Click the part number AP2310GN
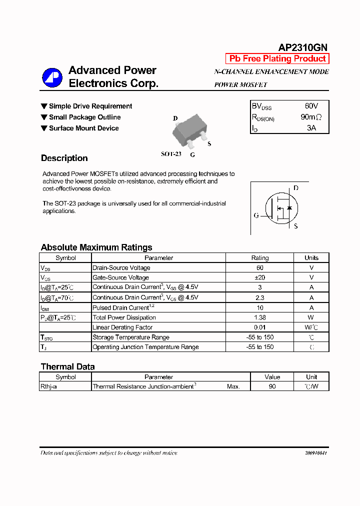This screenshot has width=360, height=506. [x=302, y=47]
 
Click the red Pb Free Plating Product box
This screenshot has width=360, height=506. [x=277, y=58]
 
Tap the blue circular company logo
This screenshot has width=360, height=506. [x=51, y=77]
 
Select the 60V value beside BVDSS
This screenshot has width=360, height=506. [x=311, y=106]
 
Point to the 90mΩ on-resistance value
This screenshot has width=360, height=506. [x=311, y=117]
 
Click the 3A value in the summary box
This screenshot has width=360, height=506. [x=311, y=128]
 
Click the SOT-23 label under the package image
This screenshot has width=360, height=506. [x=171, y=154]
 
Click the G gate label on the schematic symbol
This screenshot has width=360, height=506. [x=256, y=215]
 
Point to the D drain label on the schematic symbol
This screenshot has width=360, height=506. [x=295, y=188]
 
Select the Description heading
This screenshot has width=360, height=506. [x=64, y=158]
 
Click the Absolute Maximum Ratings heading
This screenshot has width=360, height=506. [x=96, y=247]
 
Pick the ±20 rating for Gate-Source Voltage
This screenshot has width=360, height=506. [x=260, y=277]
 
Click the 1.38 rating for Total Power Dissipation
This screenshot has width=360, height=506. [x=260, y=317]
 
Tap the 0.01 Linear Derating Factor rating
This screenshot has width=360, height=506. [x=260, y=327]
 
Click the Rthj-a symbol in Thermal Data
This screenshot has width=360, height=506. [x=48, y=386]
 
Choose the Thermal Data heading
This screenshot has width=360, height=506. [x=67, y=366]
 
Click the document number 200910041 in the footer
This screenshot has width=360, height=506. [x=316, y=453]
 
